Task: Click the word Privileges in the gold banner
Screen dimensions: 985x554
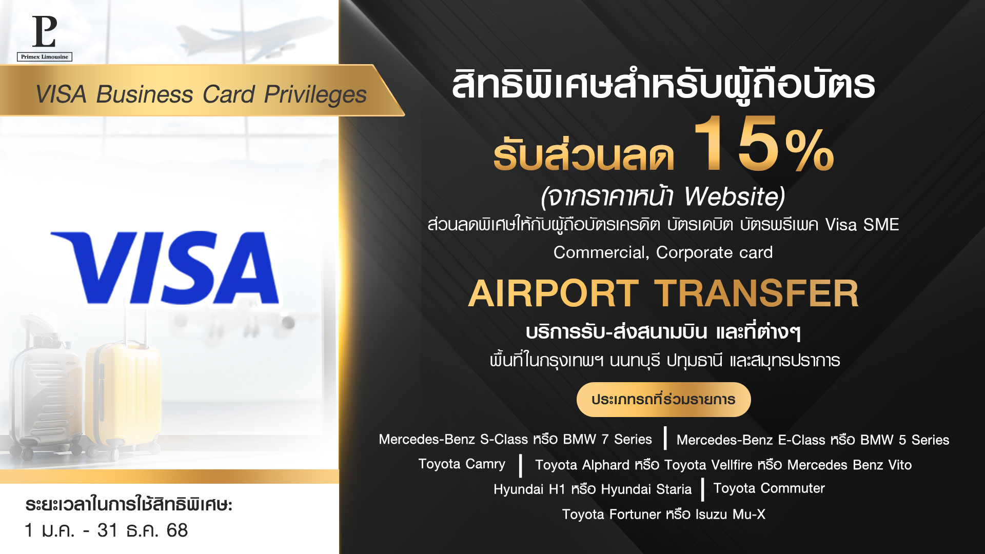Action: pos(316,95)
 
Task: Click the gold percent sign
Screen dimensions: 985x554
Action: pos(810,150)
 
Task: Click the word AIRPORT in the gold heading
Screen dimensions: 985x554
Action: pos(554,293)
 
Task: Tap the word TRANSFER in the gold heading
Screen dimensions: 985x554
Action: pos(756,293)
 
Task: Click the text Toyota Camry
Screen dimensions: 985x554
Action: pos(462,465)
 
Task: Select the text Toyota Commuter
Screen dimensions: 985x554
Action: pos(769,488)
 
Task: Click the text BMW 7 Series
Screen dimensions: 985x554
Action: pos(607,440)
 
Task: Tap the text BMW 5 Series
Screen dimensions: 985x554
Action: pos(905,440)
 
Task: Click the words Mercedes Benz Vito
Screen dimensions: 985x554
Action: pos(850,465)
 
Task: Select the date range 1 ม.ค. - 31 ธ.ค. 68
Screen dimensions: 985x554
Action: pos(106,530)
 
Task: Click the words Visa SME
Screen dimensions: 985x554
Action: pos(862,225)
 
